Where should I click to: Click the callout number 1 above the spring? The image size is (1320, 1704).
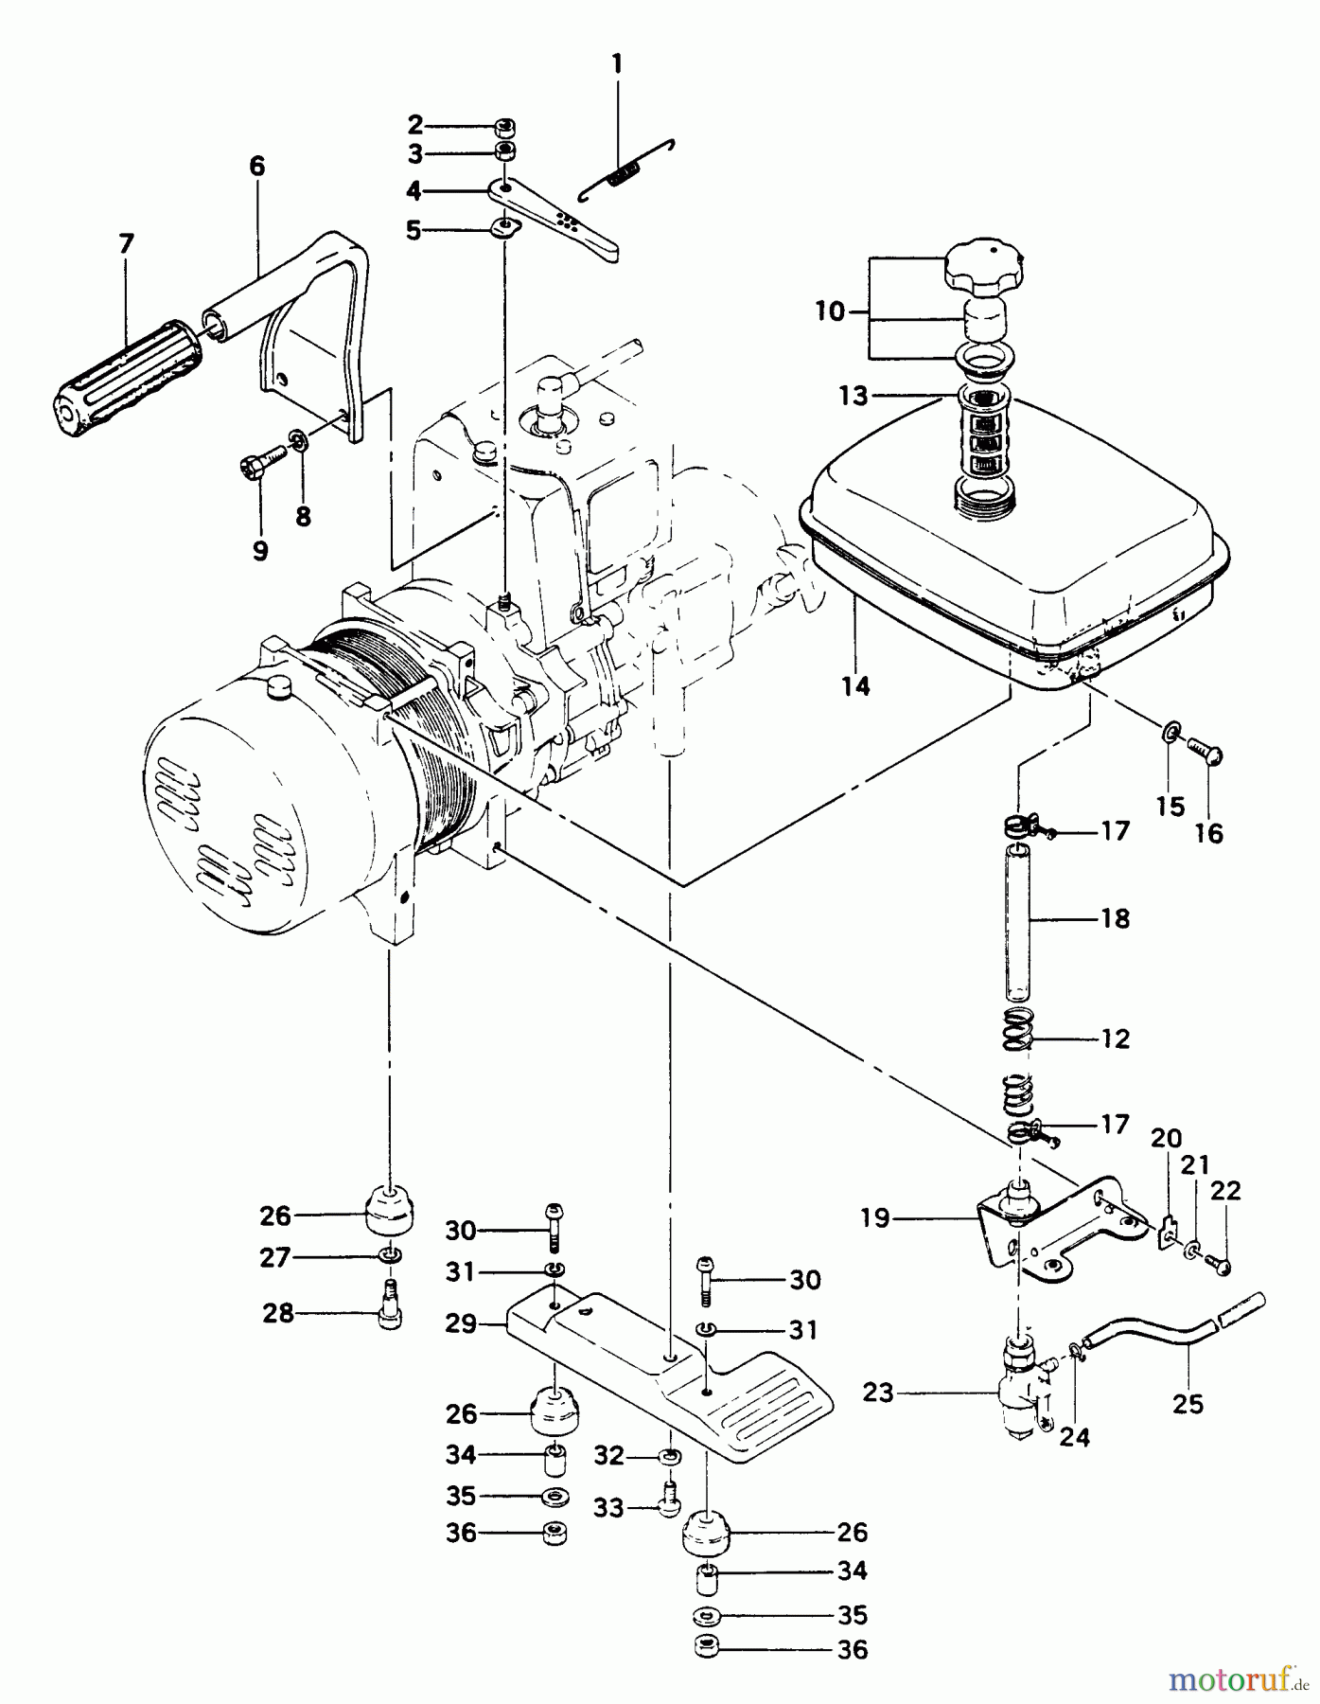(x=617, y=64)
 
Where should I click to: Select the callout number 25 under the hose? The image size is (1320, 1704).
(x=1188, y=1404)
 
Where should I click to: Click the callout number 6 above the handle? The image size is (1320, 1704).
(x=257, y=167)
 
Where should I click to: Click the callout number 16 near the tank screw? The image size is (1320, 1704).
(x=1209, y=833)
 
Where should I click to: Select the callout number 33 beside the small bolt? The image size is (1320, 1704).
(x=609, y=1507)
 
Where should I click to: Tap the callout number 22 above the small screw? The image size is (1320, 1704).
(x=1225, y=1190)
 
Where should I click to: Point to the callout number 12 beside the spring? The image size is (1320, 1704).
(x=1116, y=1038)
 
